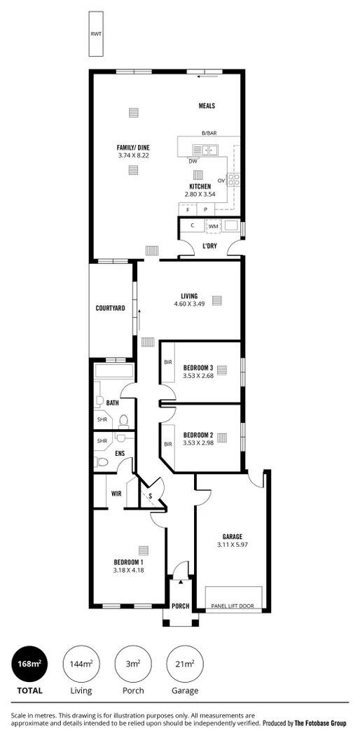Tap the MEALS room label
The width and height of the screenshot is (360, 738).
pyautogui.click(x=206, y=106)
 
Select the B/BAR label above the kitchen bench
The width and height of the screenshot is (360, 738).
pyautogui.click(x=209, y=133)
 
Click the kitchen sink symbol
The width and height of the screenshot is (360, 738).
pyautogui.click(x=207, y=149)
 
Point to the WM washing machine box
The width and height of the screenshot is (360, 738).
pyautogui.click(x=214, y=226)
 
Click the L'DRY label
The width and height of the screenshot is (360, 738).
pyautogui.click(x=209, y=246)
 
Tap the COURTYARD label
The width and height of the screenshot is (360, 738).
pyautogui.click(x=111, y=308)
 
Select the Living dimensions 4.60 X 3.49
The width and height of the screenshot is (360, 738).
pyautogui.click(x=189, y=304)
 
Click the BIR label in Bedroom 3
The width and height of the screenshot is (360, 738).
pyautogui.click(x=168, y=362)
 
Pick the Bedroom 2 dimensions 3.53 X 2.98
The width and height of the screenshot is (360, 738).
pyautogui.click(x=198, y=442)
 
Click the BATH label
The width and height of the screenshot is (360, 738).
pyautogui.click(x=112, y=403)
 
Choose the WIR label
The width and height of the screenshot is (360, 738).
pyautogui.click(x=116, y=493)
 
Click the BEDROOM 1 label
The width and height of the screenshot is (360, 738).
pyautogui.click(x=129, y=562)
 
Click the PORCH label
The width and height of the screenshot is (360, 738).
pyautogui.click(x=180, y=606)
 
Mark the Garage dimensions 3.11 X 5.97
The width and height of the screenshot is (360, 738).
pyautogui.click(x=232, y=544)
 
